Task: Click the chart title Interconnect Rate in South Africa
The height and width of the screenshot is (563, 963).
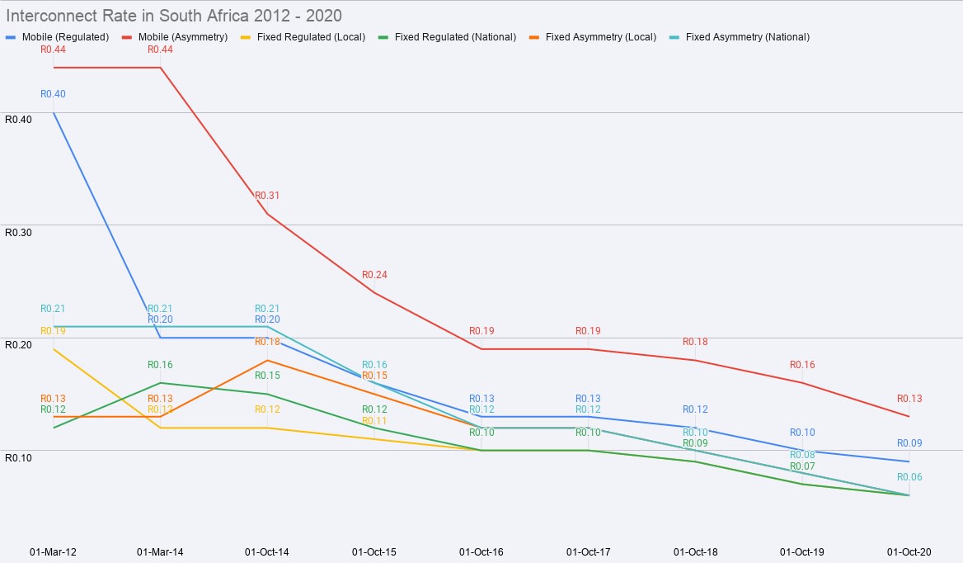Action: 174,16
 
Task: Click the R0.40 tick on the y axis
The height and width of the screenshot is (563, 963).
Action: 18,119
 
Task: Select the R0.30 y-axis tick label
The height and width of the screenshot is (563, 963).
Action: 18,232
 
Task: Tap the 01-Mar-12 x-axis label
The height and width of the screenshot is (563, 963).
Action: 53,551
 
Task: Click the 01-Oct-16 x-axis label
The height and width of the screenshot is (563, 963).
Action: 481,551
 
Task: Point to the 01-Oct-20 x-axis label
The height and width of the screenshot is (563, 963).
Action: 909,551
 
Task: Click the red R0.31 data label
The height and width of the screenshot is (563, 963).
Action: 267,196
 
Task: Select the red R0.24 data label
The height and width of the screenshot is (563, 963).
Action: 374,275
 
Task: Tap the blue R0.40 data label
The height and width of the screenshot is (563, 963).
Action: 53,94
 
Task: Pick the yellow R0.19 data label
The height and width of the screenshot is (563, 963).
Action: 53,331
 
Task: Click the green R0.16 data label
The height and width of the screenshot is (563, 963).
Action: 160,365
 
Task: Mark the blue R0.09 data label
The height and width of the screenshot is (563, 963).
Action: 909,443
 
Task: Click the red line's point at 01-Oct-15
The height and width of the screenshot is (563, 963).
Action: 374,293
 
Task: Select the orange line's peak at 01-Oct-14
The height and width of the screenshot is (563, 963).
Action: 267,361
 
